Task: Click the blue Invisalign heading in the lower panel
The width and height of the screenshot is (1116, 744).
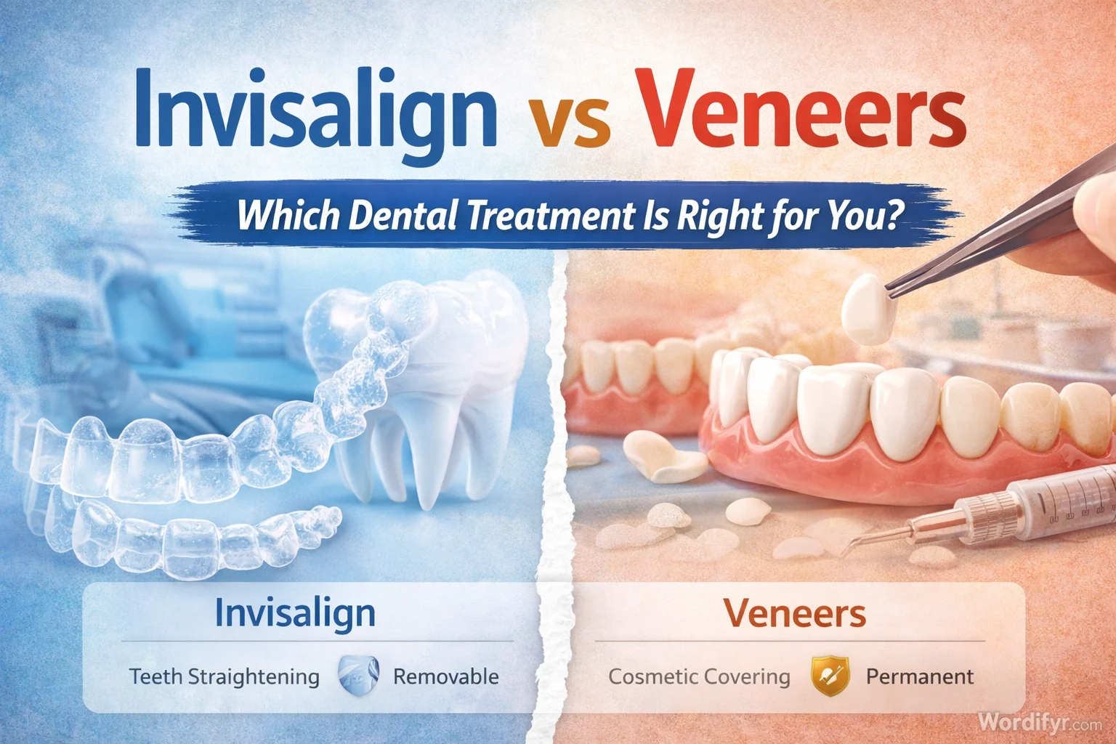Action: point(295,613)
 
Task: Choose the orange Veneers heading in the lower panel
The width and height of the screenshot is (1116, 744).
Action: point(795,615)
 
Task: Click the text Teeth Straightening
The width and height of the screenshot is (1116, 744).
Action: point(225,677)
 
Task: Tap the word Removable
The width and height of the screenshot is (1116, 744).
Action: point(445,677)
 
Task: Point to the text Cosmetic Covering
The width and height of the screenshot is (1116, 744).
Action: point(699,677)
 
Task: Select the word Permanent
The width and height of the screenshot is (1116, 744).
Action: point(919,677)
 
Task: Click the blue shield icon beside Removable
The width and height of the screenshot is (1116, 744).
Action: point(359,676)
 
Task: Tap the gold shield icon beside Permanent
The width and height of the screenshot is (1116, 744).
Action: point(830,676)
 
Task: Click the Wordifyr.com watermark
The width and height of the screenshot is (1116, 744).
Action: point(1039,723)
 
